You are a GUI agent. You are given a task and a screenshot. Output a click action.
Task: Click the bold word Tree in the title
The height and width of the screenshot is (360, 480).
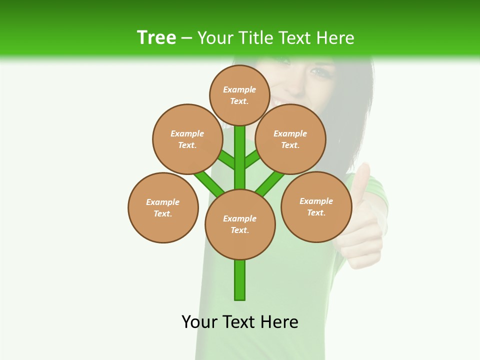click(156, 37)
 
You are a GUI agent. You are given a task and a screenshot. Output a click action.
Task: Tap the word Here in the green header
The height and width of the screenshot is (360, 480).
click(336, 38)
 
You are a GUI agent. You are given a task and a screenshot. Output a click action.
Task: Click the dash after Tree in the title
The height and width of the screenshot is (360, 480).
click(186, 38)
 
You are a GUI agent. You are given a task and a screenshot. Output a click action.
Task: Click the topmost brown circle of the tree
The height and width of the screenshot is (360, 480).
click(239, 95)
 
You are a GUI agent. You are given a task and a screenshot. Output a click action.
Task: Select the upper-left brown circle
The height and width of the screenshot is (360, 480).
click(187, 139)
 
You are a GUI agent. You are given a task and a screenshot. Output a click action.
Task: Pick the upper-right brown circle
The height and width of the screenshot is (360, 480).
click(290, 139)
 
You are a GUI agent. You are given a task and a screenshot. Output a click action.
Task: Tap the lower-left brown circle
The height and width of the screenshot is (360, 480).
click(163, 207)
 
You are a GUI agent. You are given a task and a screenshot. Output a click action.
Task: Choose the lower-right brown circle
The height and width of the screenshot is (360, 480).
click(316, 206)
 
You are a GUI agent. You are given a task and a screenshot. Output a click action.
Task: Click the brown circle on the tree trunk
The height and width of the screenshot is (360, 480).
click(240, 224)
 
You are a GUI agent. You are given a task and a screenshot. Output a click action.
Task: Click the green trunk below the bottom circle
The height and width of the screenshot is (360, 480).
click(240, 280)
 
